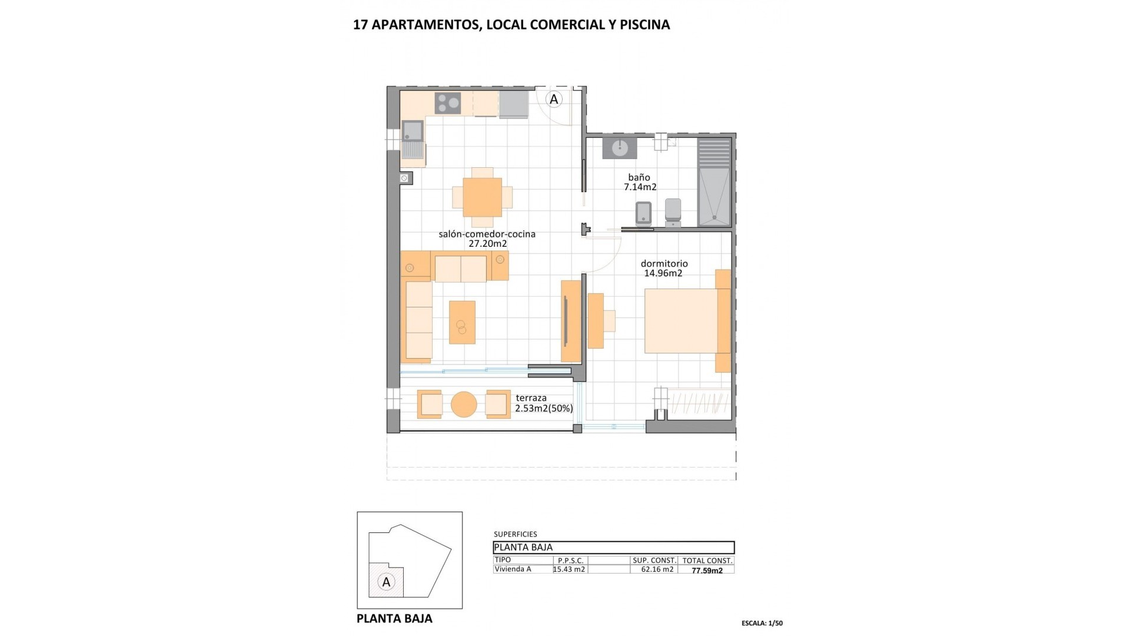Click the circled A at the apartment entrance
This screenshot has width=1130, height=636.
click(554, 100)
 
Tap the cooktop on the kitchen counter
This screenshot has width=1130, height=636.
click(448, 104)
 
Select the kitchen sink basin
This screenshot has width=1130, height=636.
click(413, 131)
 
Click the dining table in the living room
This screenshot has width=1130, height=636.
click(482, 197)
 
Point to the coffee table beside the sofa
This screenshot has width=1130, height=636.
click(462, 322)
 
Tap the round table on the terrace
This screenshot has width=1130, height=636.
click(464, 405)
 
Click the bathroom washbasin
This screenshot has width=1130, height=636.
click(620, 148)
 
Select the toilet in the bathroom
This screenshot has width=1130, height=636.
click(673, 211)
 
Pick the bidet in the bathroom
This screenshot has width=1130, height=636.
click(644, 213)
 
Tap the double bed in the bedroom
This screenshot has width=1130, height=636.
click(681, 321)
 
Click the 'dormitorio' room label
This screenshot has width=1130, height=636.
click(664, 264)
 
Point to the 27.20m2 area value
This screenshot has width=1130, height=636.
click(487, 244)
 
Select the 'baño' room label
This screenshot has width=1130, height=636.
click(639, 177)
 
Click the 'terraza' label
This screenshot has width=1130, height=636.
click(531, 398)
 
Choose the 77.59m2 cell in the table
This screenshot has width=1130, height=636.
click(707, 571)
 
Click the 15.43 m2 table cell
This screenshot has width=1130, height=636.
click(569, 569)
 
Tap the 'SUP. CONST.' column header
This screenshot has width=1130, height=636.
click(654, 561)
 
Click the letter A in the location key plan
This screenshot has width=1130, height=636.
click(386, 582)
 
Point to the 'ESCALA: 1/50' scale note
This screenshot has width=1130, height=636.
click(762, 623)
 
